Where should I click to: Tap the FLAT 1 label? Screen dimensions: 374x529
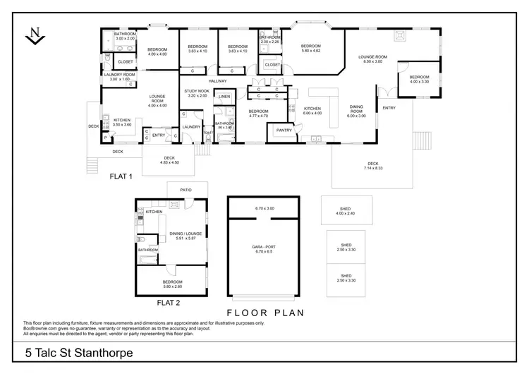(121, 176)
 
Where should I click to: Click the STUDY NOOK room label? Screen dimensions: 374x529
(196, 91)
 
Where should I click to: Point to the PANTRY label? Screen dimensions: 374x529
(284, 130)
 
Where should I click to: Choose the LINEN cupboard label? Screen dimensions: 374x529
(224, 96)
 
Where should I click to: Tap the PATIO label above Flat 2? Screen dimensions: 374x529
(186, 190)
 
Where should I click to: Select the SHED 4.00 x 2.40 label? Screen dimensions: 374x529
(346, 210)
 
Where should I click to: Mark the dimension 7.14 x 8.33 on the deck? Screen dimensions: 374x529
(372, 169)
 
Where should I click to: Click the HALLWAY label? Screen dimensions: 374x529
(217, 81)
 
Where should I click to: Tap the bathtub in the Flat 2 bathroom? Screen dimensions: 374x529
(148, 262)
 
